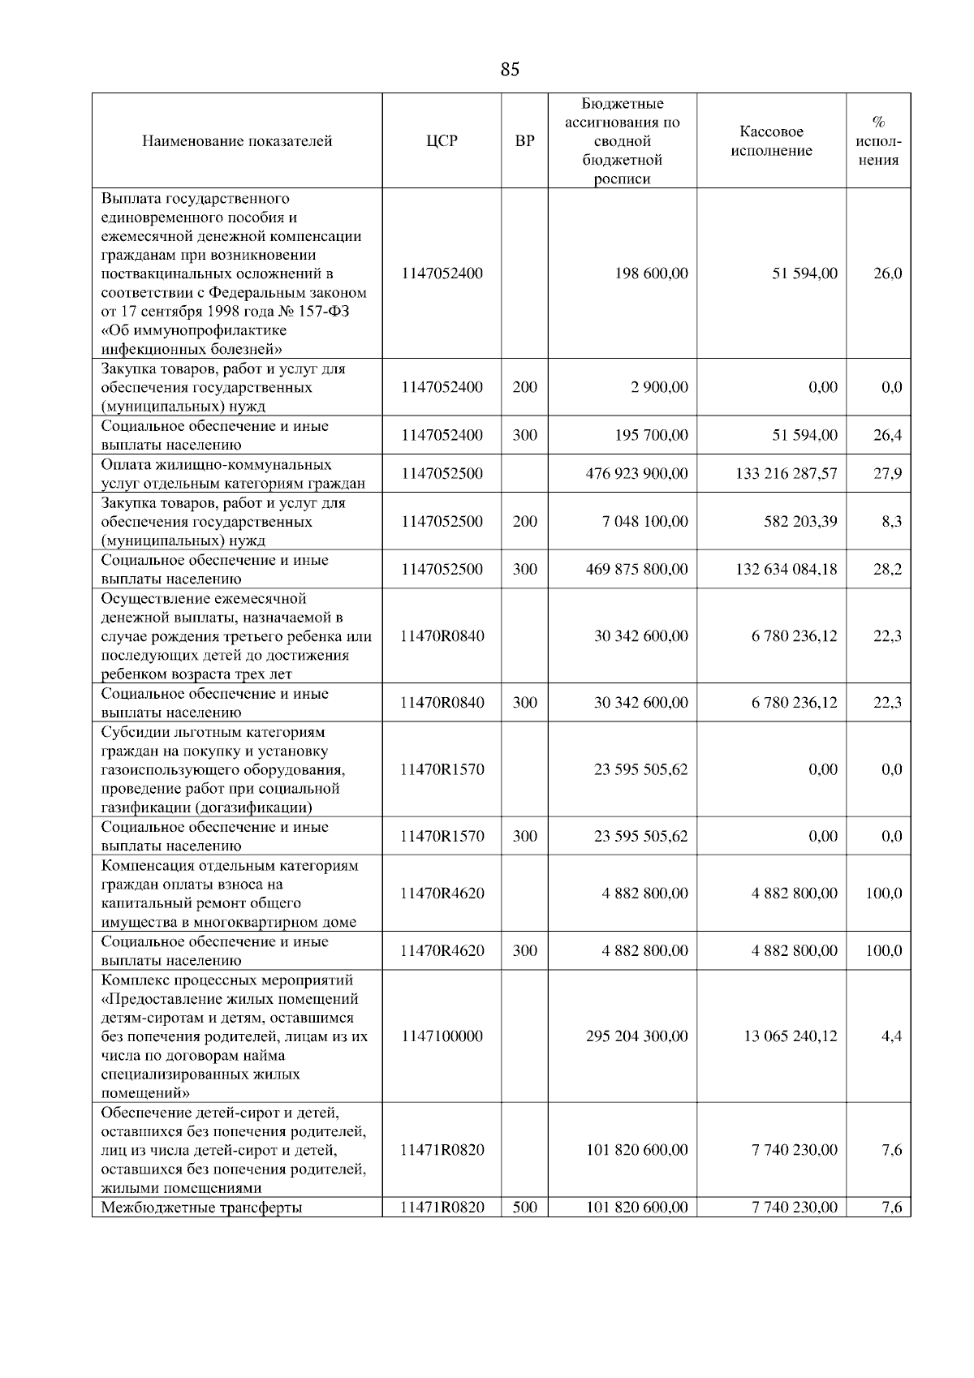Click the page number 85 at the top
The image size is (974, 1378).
click(510, 70)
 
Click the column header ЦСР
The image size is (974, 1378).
click(442, 141)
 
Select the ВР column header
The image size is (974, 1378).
click(525, 141)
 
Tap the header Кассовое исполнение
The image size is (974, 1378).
click(771, 141)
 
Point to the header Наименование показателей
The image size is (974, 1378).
click(237, 141)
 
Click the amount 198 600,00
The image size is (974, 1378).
click(652, 273)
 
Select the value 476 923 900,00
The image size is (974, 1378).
click(636, 473)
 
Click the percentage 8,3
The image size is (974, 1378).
click(891, 521)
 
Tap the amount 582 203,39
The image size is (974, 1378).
click(800, 521)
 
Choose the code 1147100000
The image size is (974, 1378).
click(442, 1036)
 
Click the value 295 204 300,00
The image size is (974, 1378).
click(636, 1036)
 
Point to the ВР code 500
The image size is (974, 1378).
click(525, 1208)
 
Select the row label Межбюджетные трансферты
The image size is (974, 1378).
click(201, 1208)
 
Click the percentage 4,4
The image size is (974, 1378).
click(891, 1036)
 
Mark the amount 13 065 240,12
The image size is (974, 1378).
click(790, 1036)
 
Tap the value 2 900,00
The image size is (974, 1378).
click(659, 387)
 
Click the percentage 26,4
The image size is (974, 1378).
click(887, 436)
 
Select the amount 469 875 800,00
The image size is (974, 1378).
click(636, 569)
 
